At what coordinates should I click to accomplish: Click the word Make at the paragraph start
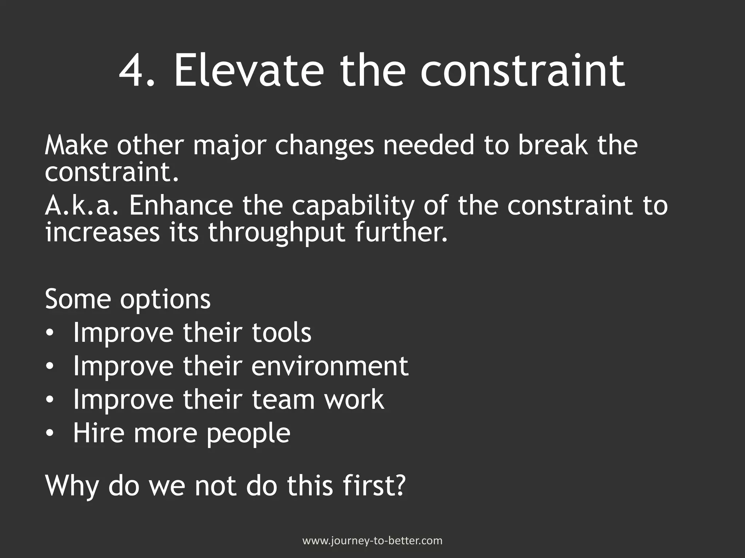click(x=76, y=145)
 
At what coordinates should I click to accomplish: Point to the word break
click(x=553, y=145)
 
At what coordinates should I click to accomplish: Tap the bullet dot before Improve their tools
click(x=50, y=333)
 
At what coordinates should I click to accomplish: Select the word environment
click(x=330, y=366)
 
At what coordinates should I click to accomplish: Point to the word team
click(x=283, y=400)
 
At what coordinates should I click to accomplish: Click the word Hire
click(x=97, y=433)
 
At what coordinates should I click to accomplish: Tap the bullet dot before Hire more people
click(x=50, y=433)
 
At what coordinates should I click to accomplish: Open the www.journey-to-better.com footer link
click(x=372, y=541)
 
